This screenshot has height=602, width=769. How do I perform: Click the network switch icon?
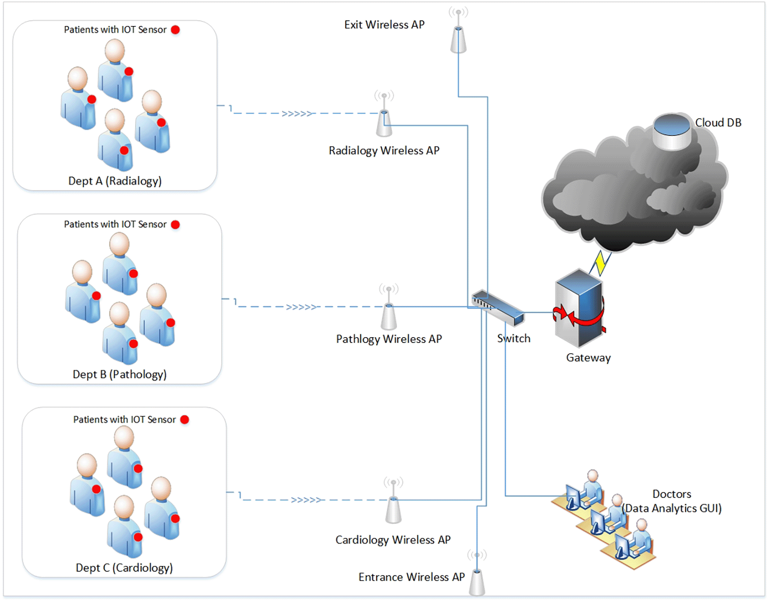[498, 307]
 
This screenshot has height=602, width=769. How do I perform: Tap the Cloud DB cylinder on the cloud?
[672, 132]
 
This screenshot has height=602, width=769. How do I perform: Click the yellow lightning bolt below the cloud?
[601, 263]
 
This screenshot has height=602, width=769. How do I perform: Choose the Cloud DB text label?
[718, 123]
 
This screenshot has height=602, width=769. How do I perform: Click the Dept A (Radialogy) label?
[115, 181]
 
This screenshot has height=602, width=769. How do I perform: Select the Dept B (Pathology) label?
[119, 374]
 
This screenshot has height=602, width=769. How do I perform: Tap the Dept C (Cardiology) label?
[124, 568]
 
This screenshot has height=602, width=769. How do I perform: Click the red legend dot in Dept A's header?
[176, 30]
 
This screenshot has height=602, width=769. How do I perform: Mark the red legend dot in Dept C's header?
[185, 419]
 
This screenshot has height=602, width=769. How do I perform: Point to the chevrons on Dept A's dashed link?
[297, 114]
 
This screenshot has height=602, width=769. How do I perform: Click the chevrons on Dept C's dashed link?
[306, 500]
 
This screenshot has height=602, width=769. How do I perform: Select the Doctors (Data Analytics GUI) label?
[672, 501]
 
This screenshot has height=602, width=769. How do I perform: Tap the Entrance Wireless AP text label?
[412, 577]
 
